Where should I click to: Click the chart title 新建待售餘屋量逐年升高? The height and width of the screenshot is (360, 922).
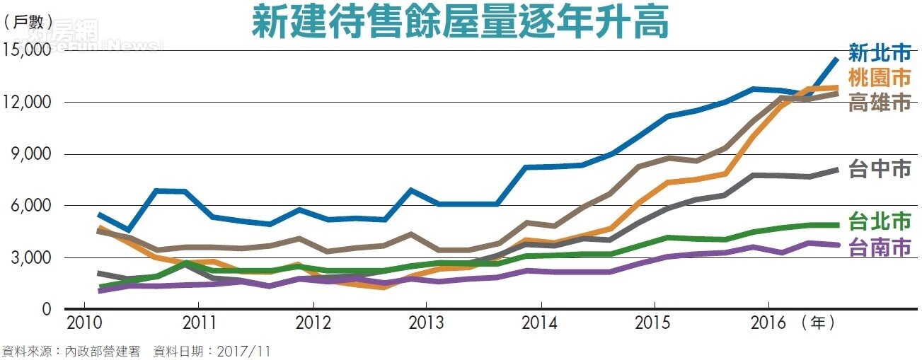(x=460, y=23)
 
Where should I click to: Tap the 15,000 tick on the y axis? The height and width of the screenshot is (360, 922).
(x=27, y=50)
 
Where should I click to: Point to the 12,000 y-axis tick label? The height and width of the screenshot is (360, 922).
(x=27, y=102)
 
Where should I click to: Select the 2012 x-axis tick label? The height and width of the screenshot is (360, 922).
(x=313, y=324)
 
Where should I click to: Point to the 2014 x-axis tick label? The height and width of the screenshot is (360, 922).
(x=541, y=324)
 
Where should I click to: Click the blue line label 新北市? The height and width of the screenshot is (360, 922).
(x=880, y=53)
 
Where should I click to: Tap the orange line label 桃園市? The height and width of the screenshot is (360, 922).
(x=880, y=78)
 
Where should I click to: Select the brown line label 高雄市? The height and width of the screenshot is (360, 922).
(x=880, y=103)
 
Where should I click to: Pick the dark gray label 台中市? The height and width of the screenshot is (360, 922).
(x=880, y=169)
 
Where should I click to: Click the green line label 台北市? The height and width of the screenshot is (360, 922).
(x=880, y=221)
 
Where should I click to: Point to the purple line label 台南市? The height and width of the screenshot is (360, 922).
(x=880, y=248)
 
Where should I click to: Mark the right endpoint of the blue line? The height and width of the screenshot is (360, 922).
(x=837, y=59)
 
